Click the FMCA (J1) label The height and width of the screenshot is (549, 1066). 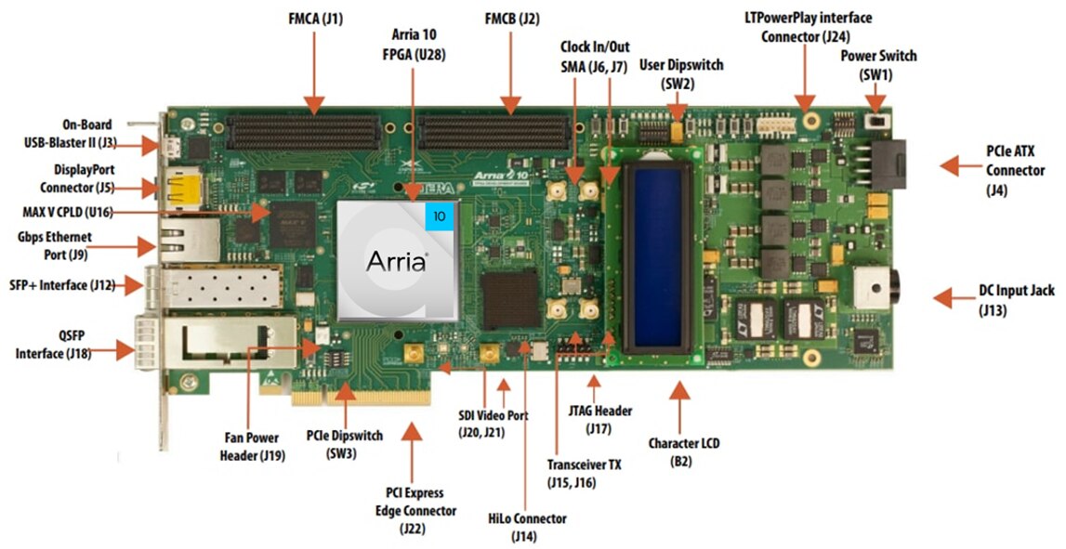tap(315, 17)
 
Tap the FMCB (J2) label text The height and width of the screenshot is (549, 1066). tap(511, 17)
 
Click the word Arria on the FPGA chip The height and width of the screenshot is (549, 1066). tap(395, 259)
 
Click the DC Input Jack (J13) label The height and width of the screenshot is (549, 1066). tap(1016, 300)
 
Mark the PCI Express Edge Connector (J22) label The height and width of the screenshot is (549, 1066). tap(415, 510)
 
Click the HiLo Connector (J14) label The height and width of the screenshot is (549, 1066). tap(527, 527)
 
